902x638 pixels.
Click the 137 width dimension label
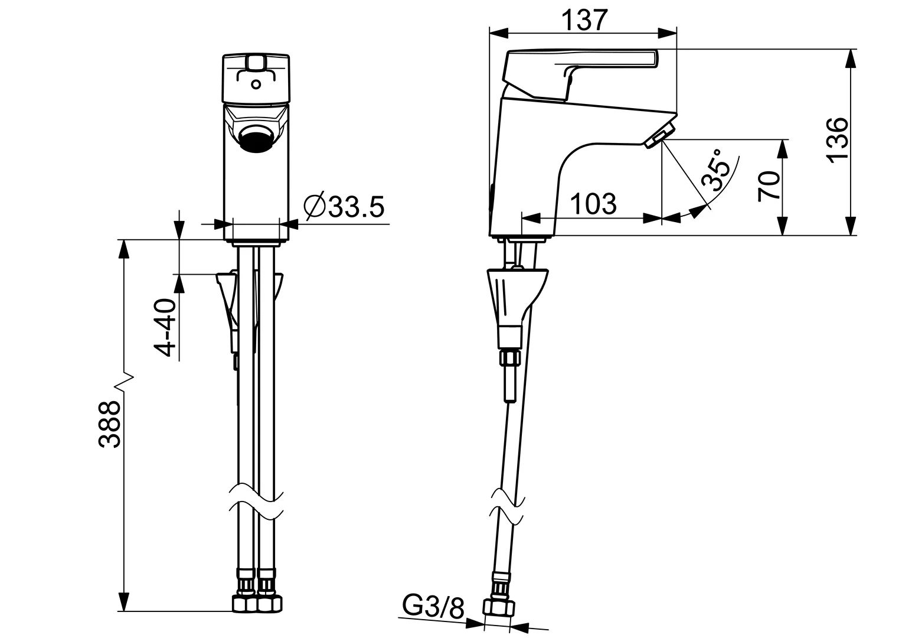(x=583, y=21)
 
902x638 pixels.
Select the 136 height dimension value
(x=836, y=139)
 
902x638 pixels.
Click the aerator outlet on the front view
(x=256, y=140)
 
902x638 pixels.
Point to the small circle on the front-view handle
(x=256, y=84)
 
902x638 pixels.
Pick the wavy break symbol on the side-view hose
(x=507, y=507)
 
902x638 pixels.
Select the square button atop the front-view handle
(x=256, y=61)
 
